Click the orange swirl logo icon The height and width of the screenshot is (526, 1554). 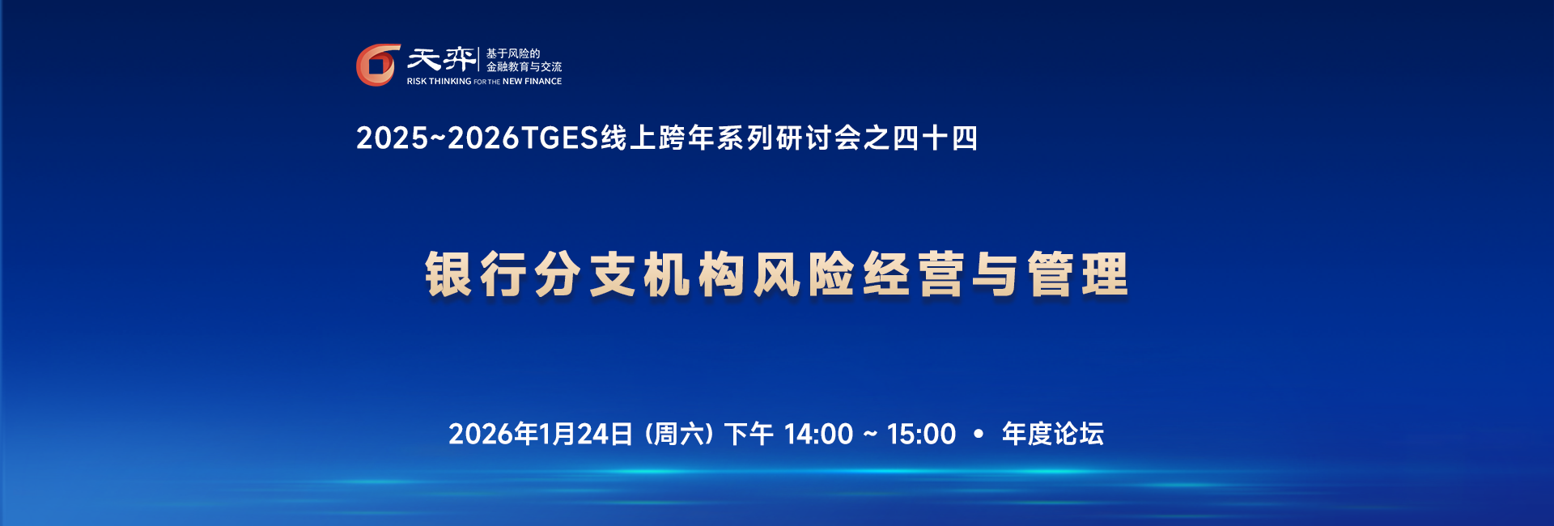[x=378, y=65]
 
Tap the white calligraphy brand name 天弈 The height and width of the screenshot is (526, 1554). [x=441, y=59]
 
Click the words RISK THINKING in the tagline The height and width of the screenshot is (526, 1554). [x=439, y=82]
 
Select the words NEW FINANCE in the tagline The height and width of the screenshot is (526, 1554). [x=532, y=82]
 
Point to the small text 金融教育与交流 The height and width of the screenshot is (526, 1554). [x=524, y=67]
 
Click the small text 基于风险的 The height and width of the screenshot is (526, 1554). [x=512, y=53]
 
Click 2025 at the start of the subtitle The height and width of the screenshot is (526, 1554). [x=392, y=138]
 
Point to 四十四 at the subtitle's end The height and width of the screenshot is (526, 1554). [x=935, y=138]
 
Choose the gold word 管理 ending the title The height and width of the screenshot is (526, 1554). [x=1078, y=274]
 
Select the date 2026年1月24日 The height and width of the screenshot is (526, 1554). [x=541, y=435]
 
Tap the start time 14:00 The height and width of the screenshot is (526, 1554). [x=818, y=435]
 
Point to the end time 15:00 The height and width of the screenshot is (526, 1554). [x=921, y=435]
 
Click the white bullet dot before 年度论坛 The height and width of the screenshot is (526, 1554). [x=979, y=435]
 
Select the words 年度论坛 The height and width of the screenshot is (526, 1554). [x=1052, y=435]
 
